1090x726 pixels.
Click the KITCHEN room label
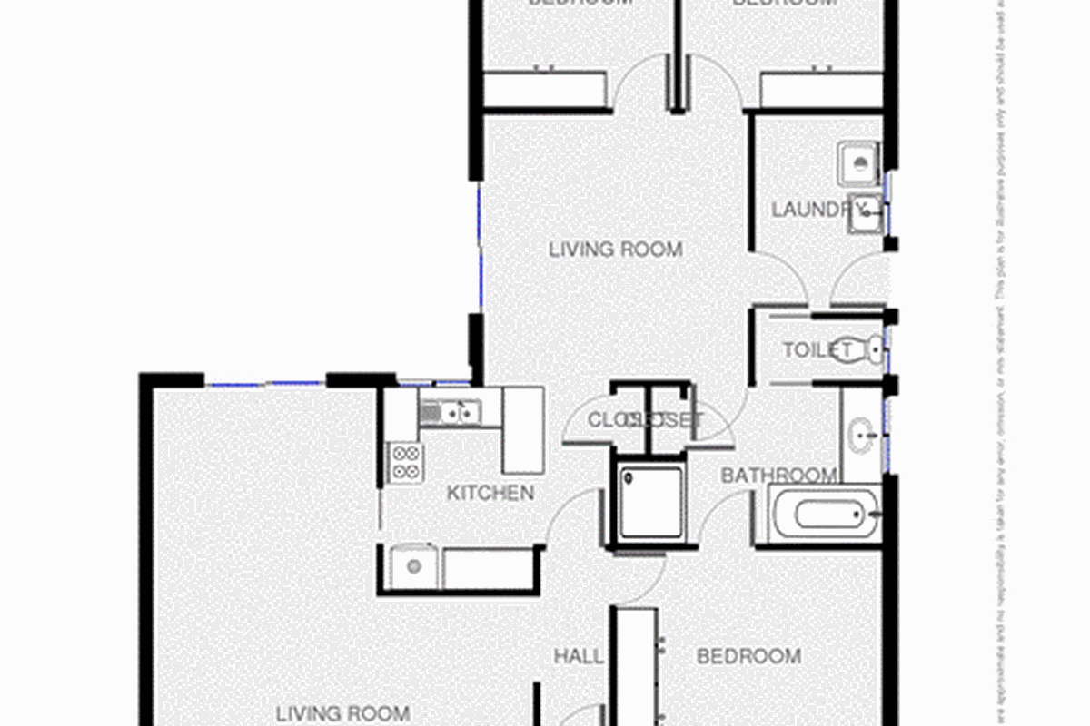[490, 494]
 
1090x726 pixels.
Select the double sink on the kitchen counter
[451, 414]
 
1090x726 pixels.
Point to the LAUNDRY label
[809, 210]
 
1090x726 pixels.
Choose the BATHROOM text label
[778, 476]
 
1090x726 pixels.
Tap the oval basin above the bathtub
[859, 436]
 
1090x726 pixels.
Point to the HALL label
[579, 655]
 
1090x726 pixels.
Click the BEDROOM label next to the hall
[748, 655]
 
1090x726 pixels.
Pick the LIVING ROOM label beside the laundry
[615, 249]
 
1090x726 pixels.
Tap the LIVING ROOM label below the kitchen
[342, 713]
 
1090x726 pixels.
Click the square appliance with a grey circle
[413, 567]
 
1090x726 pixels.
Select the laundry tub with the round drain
[857, 163]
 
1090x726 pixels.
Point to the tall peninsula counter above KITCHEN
[522, 430]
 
